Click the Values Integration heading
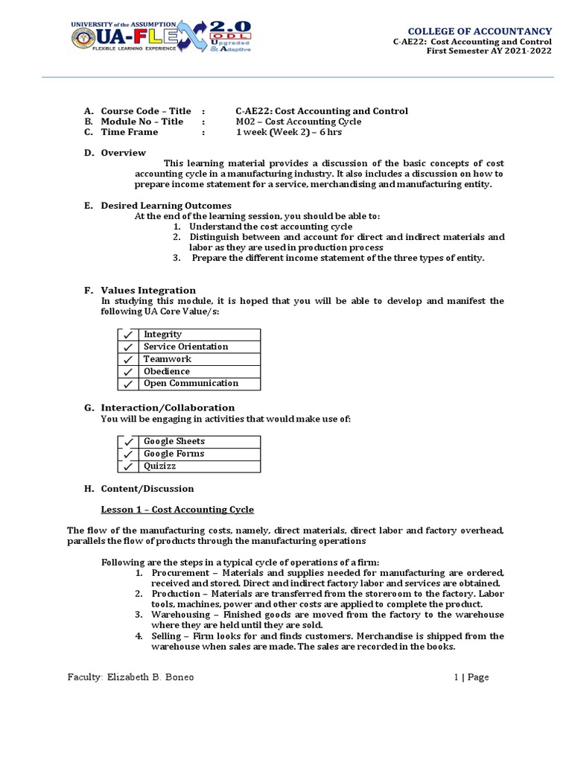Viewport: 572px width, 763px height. pyautogui.click(x=148, y=291)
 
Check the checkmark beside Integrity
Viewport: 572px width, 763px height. pyautogui.click(x=128, y=335)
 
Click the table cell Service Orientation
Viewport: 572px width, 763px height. pyautogui.click(x=186, y=347)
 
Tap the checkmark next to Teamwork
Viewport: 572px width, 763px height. pyautogui.click(x=128, y=360)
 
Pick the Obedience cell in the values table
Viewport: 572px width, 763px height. pyautogui.click(x=167, y=372)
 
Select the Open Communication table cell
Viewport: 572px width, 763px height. pyautogui.click(x=191, y=384)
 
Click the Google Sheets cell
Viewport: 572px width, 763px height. pyautogui.click(x=174, y=442)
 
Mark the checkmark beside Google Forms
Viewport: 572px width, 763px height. pyautogui.click(x=128, y=455)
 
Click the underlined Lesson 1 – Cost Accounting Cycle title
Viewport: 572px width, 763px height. pyautogui.click(x=177, y=510)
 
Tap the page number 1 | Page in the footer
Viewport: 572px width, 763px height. pyautogui.click(x=471, y=677)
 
